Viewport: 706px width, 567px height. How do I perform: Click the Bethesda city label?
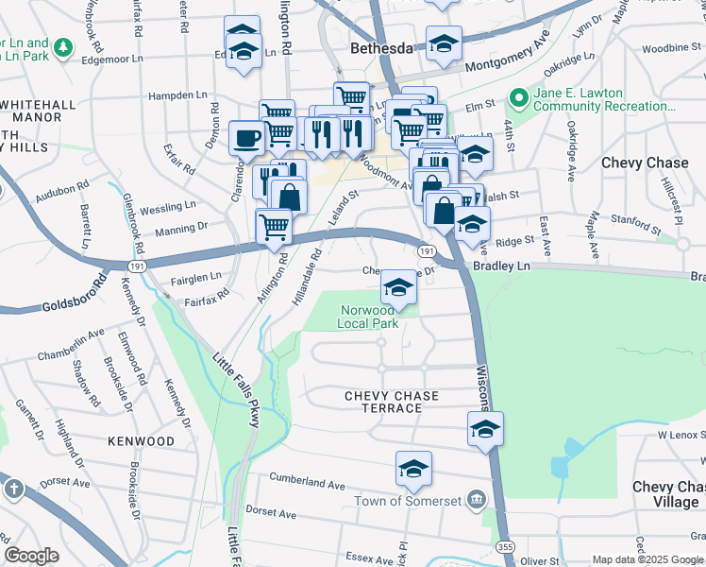381,47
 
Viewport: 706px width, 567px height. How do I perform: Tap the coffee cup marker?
246,138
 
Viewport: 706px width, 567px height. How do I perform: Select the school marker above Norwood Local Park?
399,287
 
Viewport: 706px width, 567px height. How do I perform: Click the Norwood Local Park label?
368,317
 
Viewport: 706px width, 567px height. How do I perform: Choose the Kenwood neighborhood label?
142,441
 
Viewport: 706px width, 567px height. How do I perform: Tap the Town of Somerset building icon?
478,500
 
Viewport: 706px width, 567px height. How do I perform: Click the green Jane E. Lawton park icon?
518,97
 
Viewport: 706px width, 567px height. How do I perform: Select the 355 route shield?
500,547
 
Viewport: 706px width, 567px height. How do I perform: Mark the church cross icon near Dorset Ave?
13,490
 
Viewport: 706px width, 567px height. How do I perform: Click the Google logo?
32,555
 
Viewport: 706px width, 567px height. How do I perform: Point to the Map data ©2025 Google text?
647,559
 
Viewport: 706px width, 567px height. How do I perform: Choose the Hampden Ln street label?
176,95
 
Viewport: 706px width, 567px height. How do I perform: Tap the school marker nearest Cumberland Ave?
413,469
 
